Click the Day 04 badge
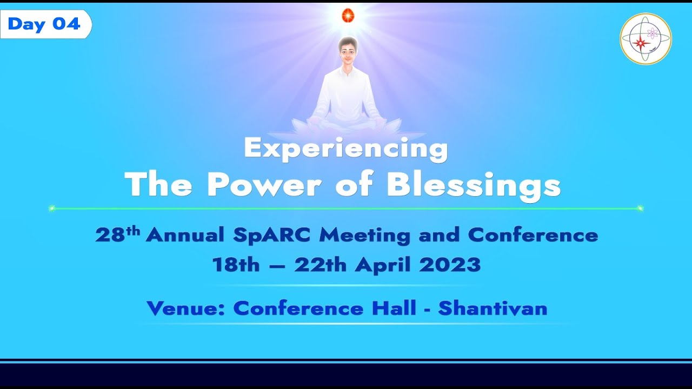(x=45, y=24)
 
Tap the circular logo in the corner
(x=646, y=39)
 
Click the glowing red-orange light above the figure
(x=348, y=16)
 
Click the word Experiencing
(x=346, y=148)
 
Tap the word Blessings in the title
(x=474, y=185)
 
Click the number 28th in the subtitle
(x=117, y=234)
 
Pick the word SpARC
(x=273, y=236)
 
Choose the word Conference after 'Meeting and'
(x=533, y=235)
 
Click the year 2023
(x=450, y=265)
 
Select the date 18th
(x=236, y=265)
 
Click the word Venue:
(x=187, y=308)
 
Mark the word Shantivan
(x=493, y=308)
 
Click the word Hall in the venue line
(x=394, y=308)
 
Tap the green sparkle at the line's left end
(x=52, y=208)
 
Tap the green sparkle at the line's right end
(x=640, y=208)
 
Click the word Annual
(x=185, y=235)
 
